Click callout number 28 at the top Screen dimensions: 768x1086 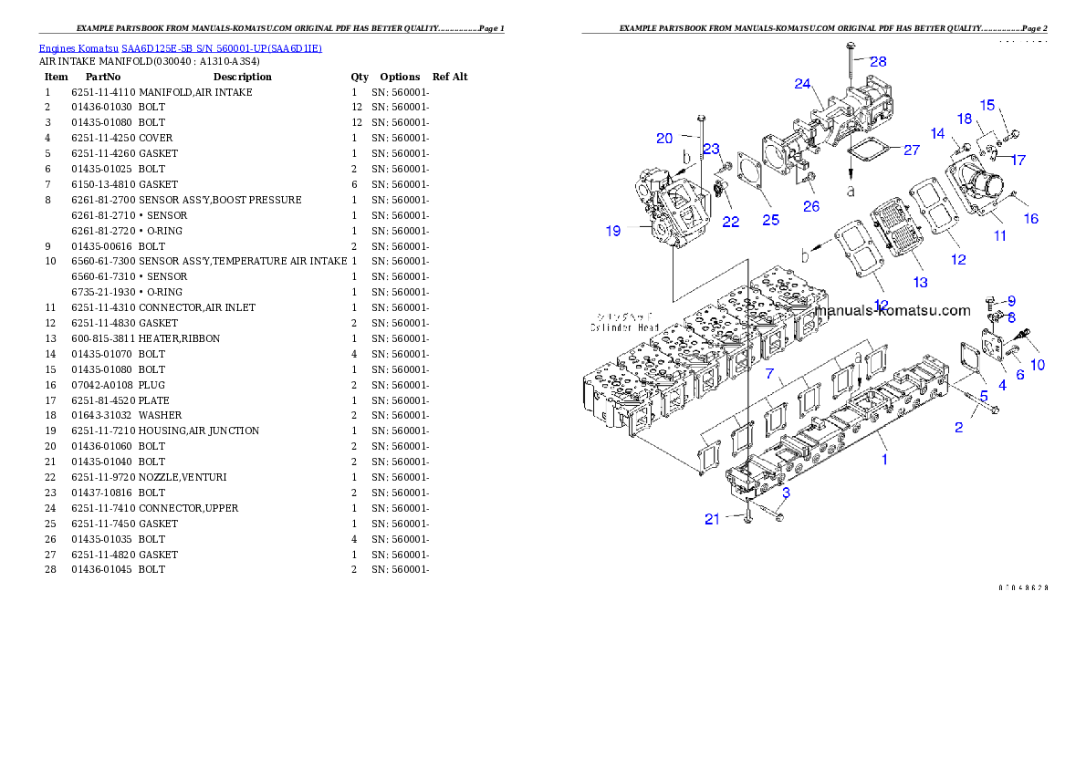click(x=877, y=61)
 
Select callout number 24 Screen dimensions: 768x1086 click(x=802, y=84)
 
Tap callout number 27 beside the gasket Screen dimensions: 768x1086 click(x=911, y=150)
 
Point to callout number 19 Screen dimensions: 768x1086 click(x=612, y=231)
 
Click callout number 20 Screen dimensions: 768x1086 click(x=664, y=138)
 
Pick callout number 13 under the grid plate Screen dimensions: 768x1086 click(x=920, y=283)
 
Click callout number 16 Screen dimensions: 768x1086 click(x=1031, y=219)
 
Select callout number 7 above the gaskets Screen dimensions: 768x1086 click(x=769, y=374)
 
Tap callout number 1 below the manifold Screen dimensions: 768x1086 click(x=883, y=460)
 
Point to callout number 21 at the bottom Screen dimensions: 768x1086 click(x=712, y=519)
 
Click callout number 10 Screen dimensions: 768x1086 click(x=1038, y=365)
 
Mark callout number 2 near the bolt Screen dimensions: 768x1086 click(x=958, y=427)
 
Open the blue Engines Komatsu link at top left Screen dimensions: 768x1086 click(x=180, y=48)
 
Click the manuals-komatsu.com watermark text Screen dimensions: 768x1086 click(x=892, y=310)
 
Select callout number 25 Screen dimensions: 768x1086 click(x=770, y=219)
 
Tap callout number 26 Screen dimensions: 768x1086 click(x=811, y=206)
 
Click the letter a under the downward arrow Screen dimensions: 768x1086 click(x=851, y=191)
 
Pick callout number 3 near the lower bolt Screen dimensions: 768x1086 click(x=785, y=493)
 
